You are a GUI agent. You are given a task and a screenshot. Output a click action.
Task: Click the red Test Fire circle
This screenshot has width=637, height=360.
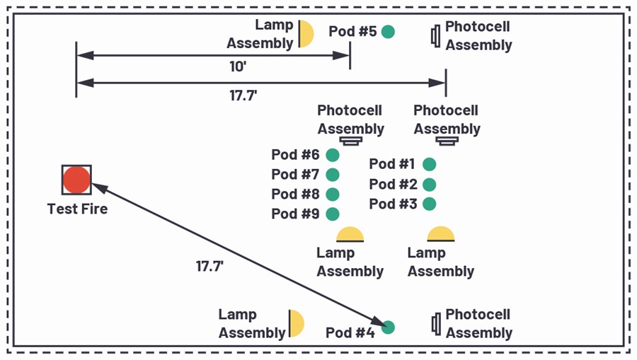pos(76,180)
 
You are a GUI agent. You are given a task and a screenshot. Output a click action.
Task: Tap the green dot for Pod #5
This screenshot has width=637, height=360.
pos(388,32)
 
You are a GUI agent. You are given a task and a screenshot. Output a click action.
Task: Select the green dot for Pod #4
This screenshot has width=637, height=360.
pos(388,327)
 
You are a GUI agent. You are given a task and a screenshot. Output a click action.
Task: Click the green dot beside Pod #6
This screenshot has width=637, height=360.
pos(333,155)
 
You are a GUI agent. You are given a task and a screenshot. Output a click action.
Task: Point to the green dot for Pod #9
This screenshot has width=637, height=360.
pos(333,214)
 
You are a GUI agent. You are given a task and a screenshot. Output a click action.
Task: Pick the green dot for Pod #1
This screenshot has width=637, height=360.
pos(430,164)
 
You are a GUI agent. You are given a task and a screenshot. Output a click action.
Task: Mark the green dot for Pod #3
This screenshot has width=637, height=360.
pos(430,204)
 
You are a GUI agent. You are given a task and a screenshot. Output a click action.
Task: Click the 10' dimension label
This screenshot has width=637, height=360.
pos(238,66)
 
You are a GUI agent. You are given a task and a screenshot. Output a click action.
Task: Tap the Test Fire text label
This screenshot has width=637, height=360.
pos(77,209)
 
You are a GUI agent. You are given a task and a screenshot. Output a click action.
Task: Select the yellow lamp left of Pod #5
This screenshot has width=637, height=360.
pos(306,34)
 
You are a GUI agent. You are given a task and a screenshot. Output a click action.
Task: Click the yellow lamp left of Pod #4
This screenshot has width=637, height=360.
pos(296,323)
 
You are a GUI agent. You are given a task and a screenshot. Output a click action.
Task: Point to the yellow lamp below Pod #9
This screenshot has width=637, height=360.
pos(350,235)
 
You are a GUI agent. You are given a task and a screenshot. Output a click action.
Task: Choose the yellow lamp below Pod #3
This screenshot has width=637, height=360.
pos(441,234)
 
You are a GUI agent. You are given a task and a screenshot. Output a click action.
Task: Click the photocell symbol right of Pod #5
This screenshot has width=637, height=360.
pos(435,36)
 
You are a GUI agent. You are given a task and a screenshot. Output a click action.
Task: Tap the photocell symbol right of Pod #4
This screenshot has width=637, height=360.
pos(436,324)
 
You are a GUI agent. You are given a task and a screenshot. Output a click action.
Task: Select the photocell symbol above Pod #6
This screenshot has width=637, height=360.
pos(351,141)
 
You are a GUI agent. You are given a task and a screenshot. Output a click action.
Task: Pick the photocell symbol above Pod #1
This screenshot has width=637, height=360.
pos(447,141)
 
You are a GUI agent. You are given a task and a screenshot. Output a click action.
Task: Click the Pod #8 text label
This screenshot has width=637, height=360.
pos(295,194)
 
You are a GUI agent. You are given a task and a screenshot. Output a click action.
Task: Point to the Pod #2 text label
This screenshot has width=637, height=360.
pos(393,185)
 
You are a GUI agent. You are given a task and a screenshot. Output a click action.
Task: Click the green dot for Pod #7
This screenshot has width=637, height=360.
pos(333,175)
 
